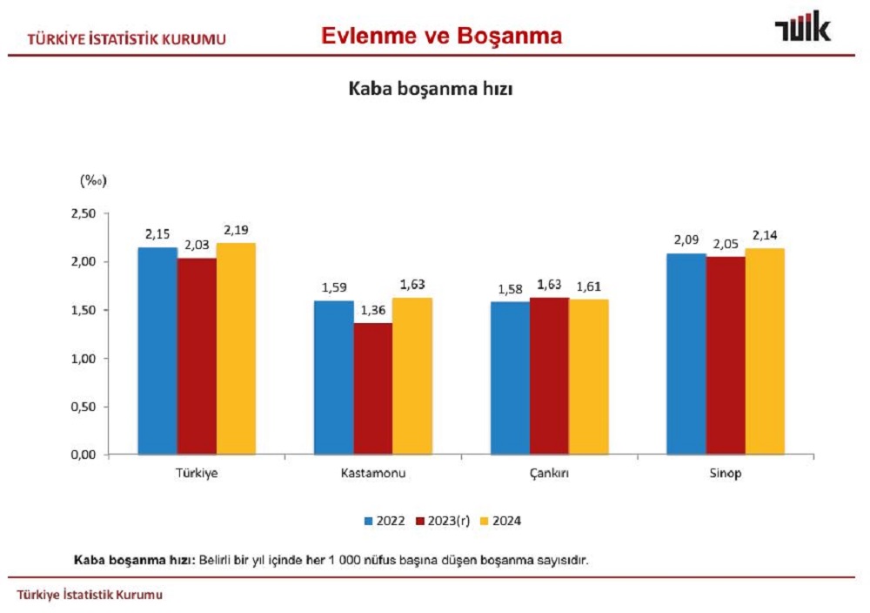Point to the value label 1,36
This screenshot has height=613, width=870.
click(x=372, y=311)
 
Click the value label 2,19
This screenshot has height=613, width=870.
click(x=237, y=231)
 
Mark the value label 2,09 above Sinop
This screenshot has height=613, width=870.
click(x=686, y=241)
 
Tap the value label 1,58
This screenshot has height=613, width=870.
click(x=510, y=289)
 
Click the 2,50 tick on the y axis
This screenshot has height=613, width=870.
click(x=85, y=213)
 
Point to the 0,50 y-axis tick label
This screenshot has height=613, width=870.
click(x=85, y=407)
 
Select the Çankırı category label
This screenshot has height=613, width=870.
click(x=549, y=474)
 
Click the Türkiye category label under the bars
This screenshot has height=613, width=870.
click(x=196, y=474)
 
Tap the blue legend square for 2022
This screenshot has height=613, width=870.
click(x=369, y=522)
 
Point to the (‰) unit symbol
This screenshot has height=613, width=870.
click(x=92, y=180)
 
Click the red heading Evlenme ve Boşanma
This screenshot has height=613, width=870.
click(x=441, y=36)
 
